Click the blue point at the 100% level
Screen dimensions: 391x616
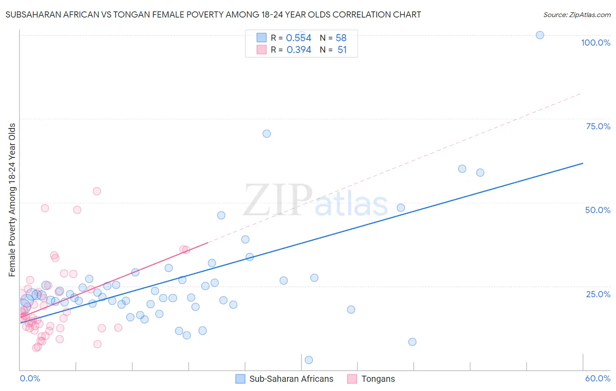tap(540, 35)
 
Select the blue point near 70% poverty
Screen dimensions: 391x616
tap(266, 134)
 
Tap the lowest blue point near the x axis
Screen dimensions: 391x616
tap(308, 360)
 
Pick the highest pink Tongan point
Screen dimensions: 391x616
tap(97, 191)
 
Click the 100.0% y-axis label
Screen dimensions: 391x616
tap(595, 43)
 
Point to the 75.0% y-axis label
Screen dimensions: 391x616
tap(598, 126)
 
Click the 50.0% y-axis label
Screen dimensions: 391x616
tap(598, 210)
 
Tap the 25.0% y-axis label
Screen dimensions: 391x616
tap(598, 294)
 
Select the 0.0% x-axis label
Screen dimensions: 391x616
tap(30, 378)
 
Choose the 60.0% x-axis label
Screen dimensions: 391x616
tap(598, 378)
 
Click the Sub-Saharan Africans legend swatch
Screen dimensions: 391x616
tap(240, 379)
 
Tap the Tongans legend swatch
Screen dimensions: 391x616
tap(352, 379)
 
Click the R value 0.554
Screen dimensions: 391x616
tap(298, 38)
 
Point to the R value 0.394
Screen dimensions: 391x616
tap(299, 50)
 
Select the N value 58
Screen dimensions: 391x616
tap(341, 38)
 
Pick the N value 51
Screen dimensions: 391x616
tap(342, 50)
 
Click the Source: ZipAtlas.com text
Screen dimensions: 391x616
tap(577, 15)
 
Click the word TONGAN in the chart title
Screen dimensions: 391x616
tap(130, 15)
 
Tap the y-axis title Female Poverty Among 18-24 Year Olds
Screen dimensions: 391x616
tap(12, 200)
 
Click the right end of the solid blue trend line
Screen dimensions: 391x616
tap(583, 163)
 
